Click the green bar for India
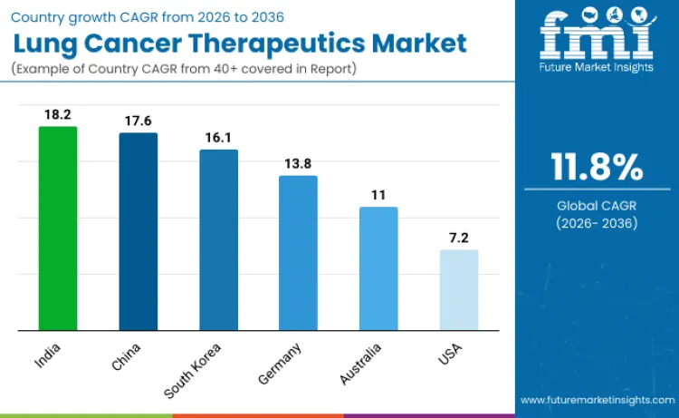point(57,228)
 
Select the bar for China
point(139,231)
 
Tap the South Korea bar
point(218,239)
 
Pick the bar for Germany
point(298,253)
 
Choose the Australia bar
point(378,268)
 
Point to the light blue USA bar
point(459,290)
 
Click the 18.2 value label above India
point(57,115)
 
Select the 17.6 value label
point(139,122)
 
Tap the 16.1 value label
point(218,138)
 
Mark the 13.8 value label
point(298,164)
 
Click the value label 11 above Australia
point(378,195)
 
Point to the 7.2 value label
point(459,238)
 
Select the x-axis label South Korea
point(193,370)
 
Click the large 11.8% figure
point(597,168)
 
